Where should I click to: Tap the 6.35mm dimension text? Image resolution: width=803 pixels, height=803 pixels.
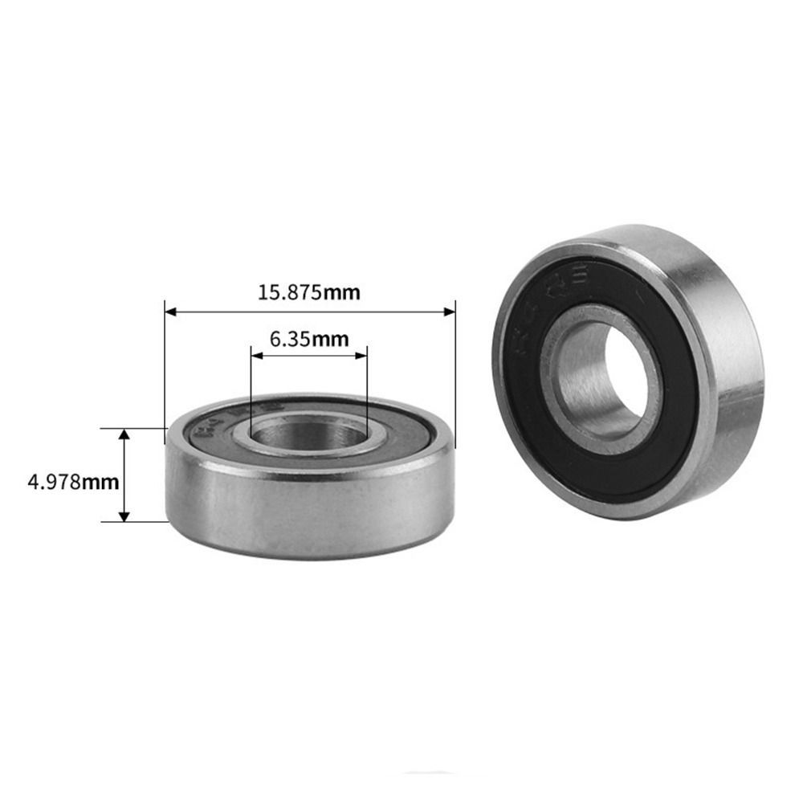point(309,339)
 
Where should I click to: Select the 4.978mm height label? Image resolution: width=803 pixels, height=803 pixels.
point(73,483)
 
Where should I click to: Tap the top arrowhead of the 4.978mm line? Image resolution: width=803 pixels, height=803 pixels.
point(124,434)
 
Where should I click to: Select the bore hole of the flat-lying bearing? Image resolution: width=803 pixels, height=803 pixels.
point(308,434)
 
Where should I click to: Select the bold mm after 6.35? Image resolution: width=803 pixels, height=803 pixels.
point(330,339)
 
